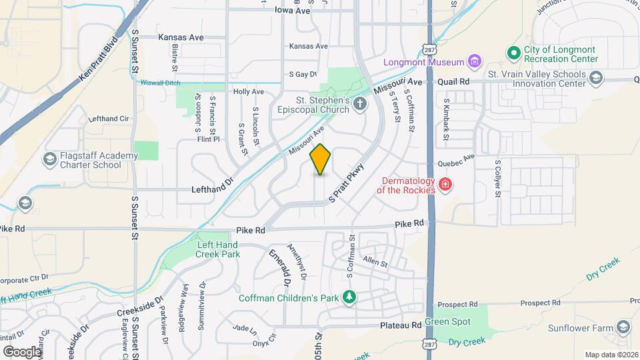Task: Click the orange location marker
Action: pos(321,159)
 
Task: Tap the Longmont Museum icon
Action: pos(475,62)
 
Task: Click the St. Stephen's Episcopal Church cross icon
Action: pos(360,103)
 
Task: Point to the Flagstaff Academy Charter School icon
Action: pos(49,160)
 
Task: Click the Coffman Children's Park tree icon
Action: pos(349,297)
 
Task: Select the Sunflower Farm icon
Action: pos(623,327)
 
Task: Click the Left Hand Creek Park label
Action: pos(218,249)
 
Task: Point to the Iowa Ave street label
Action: pos(293,11)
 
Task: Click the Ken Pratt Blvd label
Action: pos(102,59)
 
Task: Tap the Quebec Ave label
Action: pos(456,161)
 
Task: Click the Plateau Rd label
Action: pos(401,325)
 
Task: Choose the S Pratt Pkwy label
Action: pos(347,183)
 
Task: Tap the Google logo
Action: pos(22,351)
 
